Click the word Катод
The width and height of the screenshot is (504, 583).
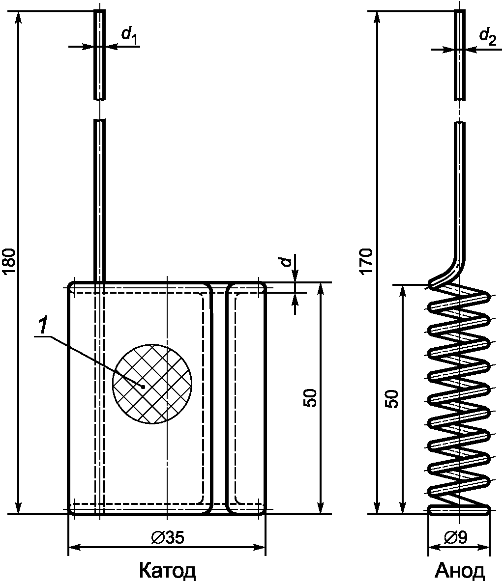[x=167, y=571]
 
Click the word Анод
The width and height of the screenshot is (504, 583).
[x=460, y=571]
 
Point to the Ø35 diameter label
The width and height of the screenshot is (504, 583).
[x=168, y=537]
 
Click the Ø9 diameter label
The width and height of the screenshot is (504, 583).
[x=456, y=537]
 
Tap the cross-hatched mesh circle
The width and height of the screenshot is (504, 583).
[x=152, y=384]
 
